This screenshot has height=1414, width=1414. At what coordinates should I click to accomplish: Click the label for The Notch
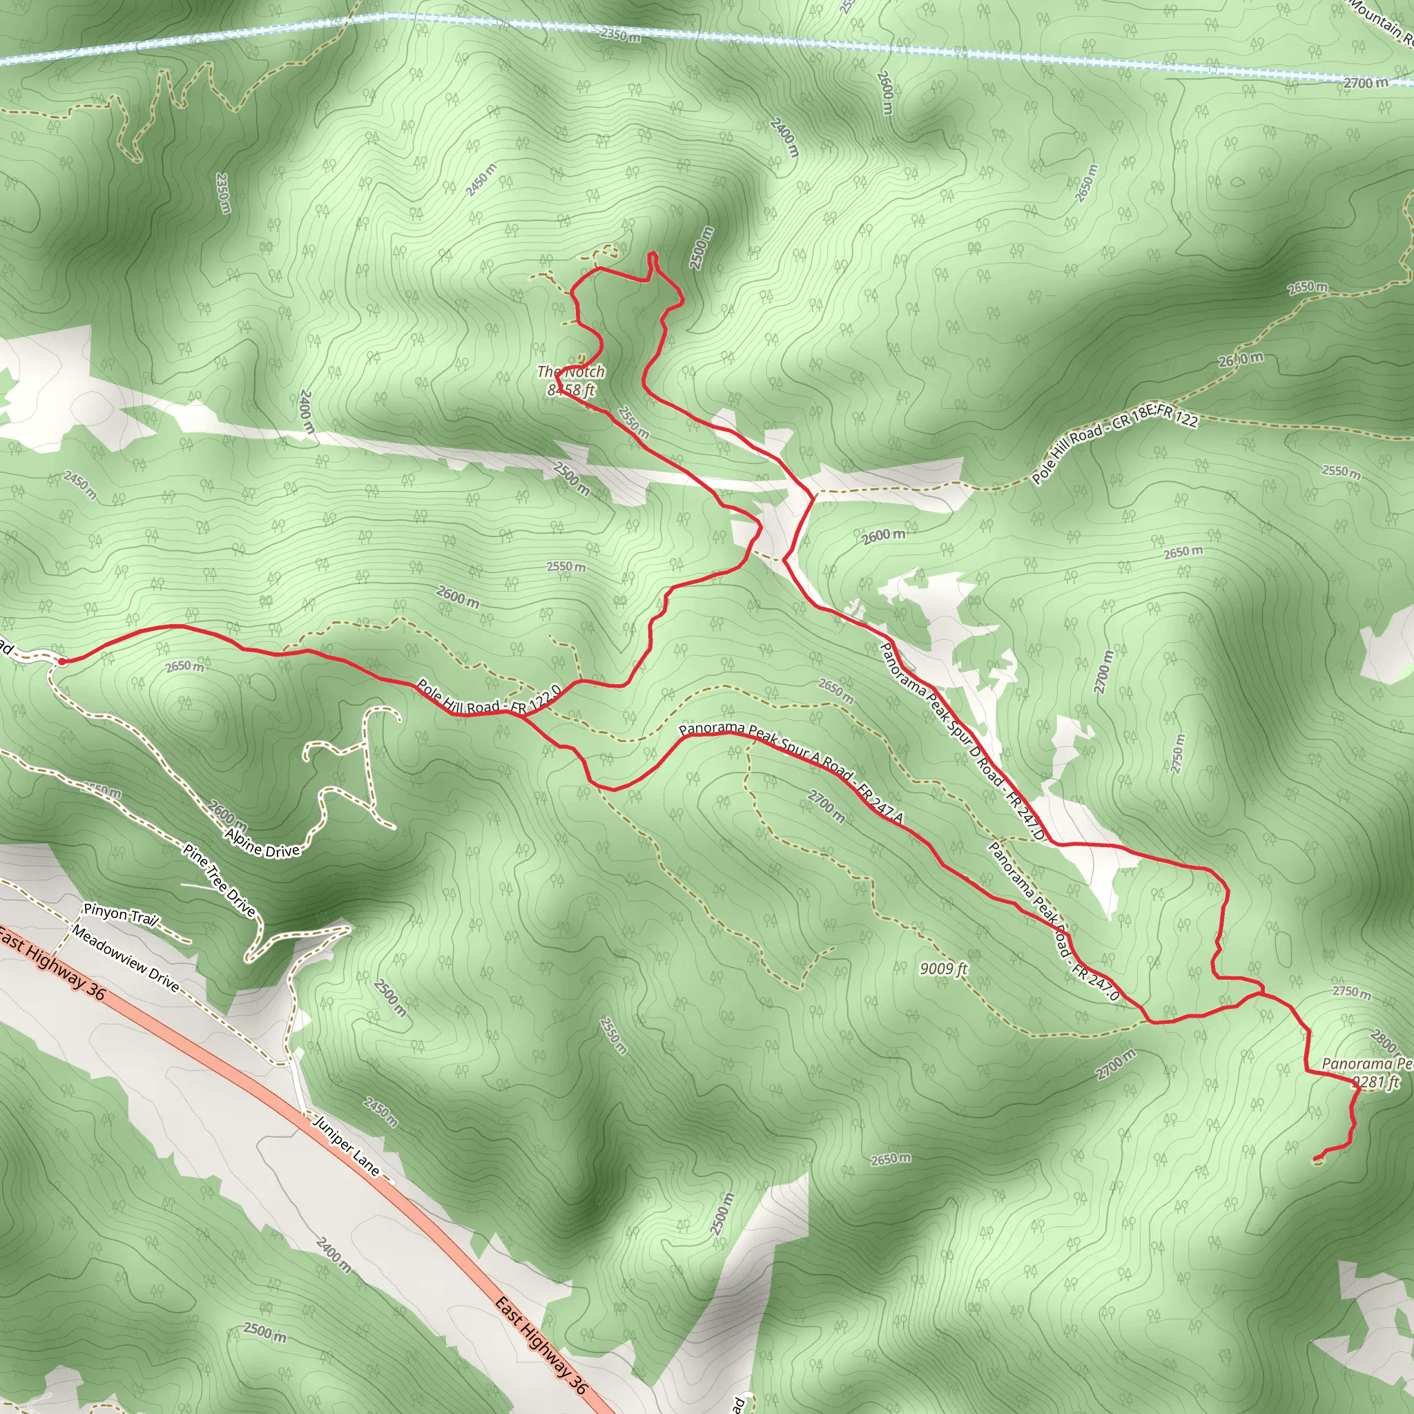571,372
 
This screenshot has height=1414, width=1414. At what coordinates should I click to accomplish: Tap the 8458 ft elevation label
571,390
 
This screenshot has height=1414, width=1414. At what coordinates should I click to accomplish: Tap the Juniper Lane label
347,1145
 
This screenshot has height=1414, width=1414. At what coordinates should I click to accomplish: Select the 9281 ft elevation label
1375,1083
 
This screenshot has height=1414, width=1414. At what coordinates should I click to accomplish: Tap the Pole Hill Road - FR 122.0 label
489,701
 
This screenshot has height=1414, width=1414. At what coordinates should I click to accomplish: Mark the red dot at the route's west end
62,661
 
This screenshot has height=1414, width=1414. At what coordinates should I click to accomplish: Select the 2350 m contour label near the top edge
620,35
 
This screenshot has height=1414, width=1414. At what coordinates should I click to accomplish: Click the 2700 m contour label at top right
1366,84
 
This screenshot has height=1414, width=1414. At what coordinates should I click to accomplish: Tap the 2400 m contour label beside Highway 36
333,1255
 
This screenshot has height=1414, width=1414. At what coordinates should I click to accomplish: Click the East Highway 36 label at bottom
541,1343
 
